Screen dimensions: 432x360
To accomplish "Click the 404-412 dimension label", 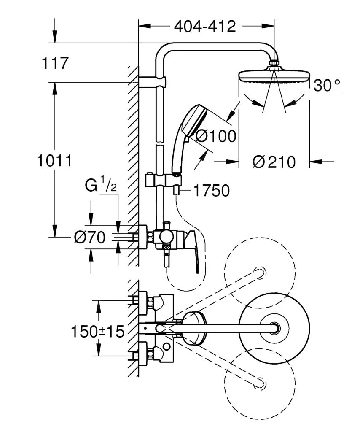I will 205,27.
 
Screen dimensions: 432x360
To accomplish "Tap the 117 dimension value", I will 55,63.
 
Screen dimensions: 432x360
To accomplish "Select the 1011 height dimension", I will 54,161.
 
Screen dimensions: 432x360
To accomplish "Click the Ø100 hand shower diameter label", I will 216,136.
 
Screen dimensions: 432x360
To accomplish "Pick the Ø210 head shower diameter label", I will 274,162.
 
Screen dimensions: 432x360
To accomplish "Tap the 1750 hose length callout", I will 212,191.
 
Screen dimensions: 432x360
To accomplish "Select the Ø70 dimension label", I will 89,238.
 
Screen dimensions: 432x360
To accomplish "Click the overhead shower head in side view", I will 274,77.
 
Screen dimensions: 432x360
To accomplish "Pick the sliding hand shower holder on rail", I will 163,180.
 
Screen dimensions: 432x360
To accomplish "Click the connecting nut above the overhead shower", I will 274,65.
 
